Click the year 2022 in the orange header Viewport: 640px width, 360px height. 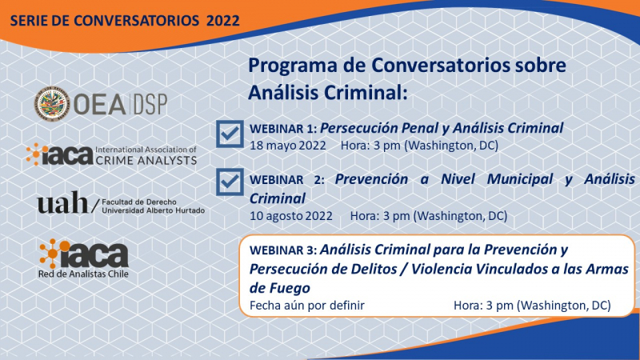[x=223, y=21]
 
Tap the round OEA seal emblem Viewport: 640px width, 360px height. [x=51, y=103]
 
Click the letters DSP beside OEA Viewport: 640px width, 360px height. [x=150, y=104]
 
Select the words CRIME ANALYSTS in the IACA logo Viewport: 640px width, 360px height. [x=146, y=161]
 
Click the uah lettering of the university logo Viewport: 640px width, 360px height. [x=62, y=203]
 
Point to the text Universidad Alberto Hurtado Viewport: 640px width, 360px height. [x=154, y=210]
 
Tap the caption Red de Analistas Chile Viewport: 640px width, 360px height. [x=83, y=274]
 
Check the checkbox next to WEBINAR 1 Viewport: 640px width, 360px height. [x=230, y=134]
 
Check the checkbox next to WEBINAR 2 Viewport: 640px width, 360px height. [x=230, y=182]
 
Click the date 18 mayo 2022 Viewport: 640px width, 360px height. [x=288, y=146]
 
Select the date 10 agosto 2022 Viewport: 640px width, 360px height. [x=291, y=216]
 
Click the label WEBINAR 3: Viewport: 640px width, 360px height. [x=283, y=250]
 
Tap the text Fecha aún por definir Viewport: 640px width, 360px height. [x=307, y=306]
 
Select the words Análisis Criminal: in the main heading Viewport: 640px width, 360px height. [x=328, y=92]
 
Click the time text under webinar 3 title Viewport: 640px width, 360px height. [x=532, y=306]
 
